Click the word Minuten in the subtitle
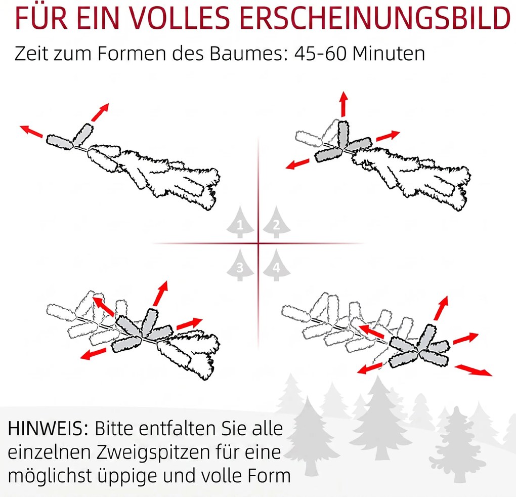pos(389,53)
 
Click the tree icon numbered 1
pos(240,223)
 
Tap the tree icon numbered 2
pos(276,223)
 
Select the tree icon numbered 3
pos(240,265)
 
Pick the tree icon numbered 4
pos(276,265)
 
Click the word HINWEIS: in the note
pos(48,429)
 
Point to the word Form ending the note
pos(269,476)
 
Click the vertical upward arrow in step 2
pos(343,104)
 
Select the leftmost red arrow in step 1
pos(31,131)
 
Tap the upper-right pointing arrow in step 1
pos(100,112)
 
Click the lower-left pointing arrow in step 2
pos(297,164)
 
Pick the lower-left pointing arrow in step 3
pos(94,354)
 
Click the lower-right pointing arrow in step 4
pos(474,370)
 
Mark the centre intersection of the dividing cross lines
pos(259,243)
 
